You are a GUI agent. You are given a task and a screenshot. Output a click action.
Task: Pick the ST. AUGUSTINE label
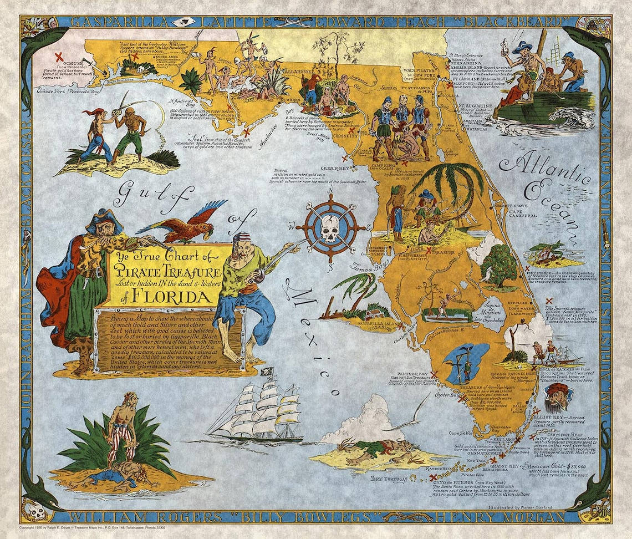[x=475, y=105]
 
